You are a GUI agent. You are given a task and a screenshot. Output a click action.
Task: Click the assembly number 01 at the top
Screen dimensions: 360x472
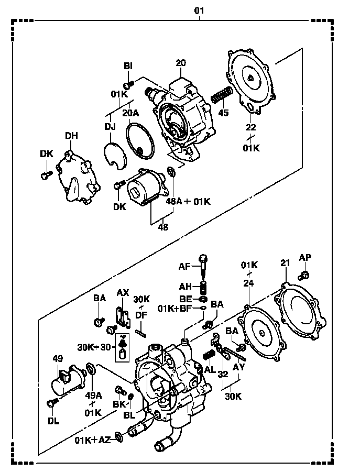click(199, 11)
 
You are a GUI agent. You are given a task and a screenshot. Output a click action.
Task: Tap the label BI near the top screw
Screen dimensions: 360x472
click(128, 66)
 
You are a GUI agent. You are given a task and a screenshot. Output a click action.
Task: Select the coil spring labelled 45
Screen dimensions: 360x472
click(222, 95)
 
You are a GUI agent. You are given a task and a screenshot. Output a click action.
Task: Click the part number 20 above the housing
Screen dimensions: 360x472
click(181, 63)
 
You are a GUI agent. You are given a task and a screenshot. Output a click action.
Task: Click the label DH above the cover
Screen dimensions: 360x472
click(71, 136)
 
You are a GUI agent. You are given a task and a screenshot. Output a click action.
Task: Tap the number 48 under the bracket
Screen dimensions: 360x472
click(163, 227)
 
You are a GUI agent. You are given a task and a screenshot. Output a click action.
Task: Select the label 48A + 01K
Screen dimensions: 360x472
click(188, 201)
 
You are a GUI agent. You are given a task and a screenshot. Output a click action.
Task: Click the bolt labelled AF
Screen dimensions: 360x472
click(204, 267)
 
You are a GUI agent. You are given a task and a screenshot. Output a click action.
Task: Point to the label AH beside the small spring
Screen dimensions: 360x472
click(186, 286)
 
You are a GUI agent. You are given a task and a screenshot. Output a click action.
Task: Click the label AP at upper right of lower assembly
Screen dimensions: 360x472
click(305, 257)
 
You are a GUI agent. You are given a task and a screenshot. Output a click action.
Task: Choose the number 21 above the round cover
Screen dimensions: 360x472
click(286, 263)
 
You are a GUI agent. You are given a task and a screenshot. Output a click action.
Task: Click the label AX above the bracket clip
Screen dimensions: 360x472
click(123, 293)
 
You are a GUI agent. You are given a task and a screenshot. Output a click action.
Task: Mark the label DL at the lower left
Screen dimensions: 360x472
click(53, 421)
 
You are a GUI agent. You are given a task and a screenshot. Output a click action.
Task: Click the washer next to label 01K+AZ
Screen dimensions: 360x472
click(119, 437)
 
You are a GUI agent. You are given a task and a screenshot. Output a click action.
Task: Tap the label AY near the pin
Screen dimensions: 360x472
click(239, 367)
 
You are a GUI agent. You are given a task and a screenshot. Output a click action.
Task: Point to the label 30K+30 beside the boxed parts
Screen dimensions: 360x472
click(94, 347)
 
